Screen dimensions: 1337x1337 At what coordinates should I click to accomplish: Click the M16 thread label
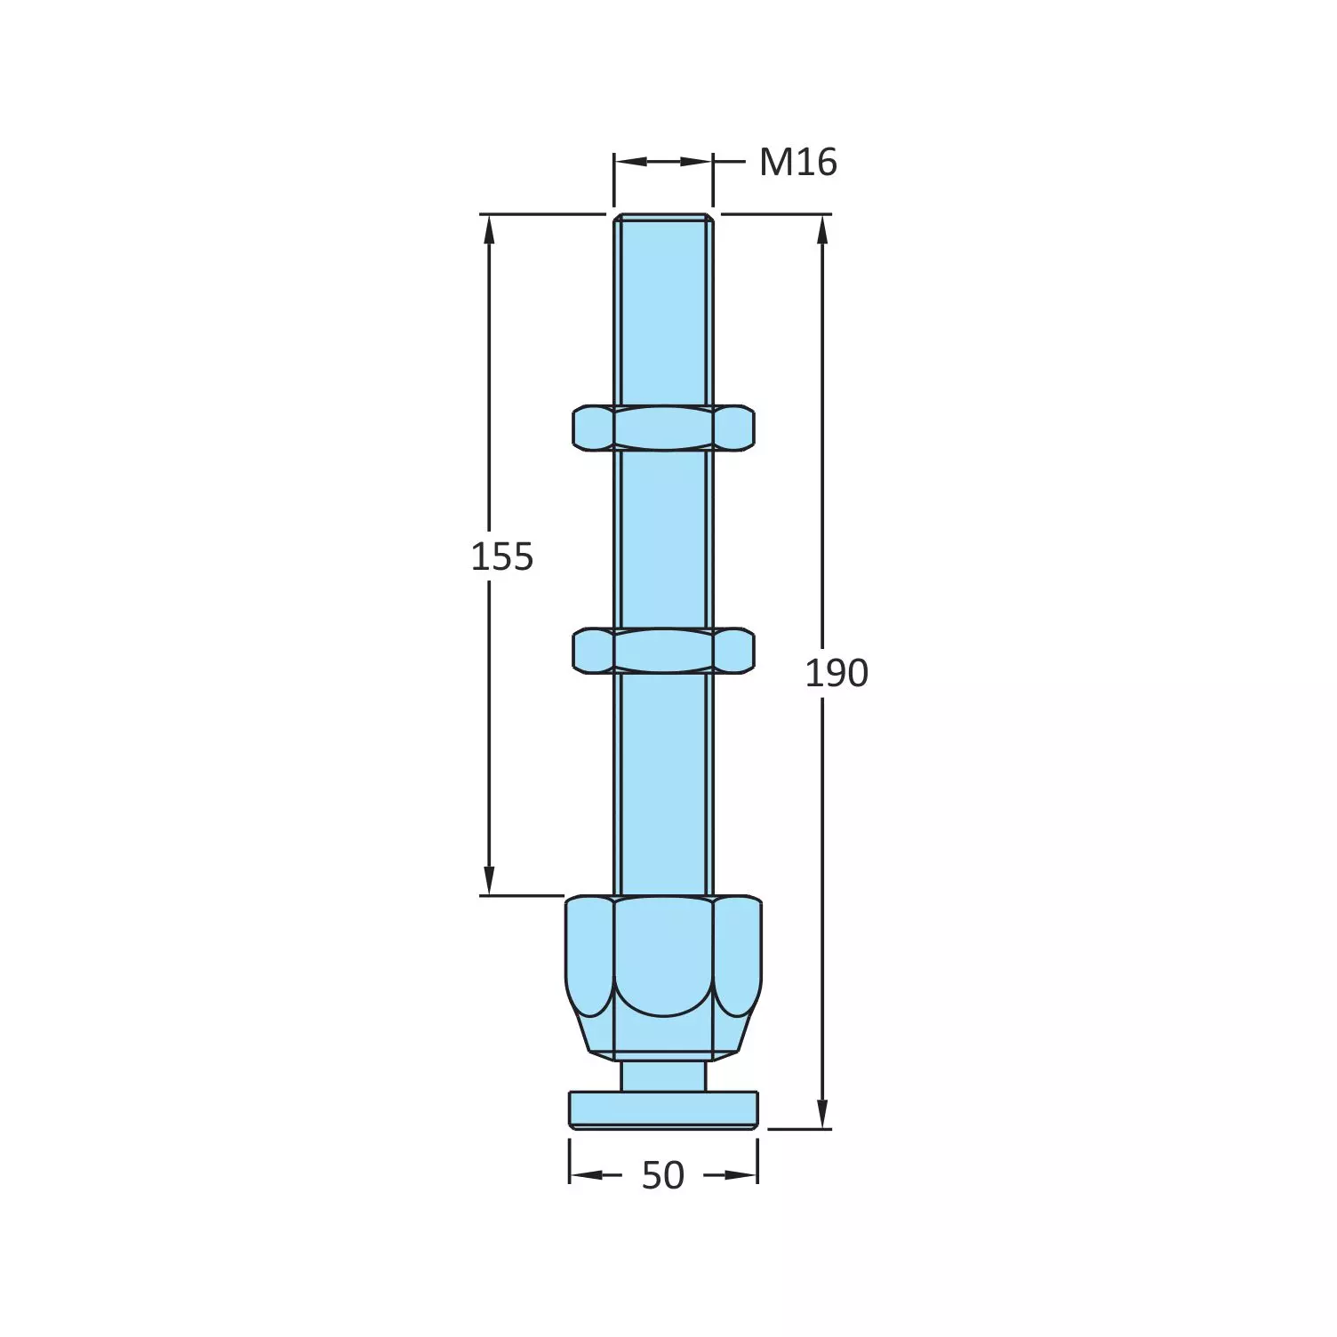(x=797, y=163)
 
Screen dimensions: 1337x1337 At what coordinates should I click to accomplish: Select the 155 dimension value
(x=501, y=556)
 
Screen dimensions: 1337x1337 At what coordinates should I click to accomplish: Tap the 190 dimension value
(x=836, y=673)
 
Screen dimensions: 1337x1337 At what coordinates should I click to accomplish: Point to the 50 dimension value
(x=663, y=1175)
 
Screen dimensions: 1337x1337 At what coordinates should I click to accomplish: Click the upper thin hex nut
(x=663, y=428)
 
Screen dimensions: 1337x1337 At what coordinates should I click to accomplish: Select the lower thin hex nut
(x=663, y=651)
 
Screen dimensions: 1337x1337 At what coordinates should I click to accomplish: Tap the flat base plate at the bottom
(x=663, y=1110)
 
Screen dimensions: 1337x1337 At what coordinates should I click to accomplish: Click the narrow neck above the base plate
(x=663, y=1076)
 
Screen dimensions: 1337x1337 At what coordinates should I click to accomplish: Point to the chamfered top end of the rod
(x=663, y=217)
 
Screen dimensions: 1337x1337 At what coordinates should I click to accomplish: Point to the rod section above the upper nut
(x=663, y=311)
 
